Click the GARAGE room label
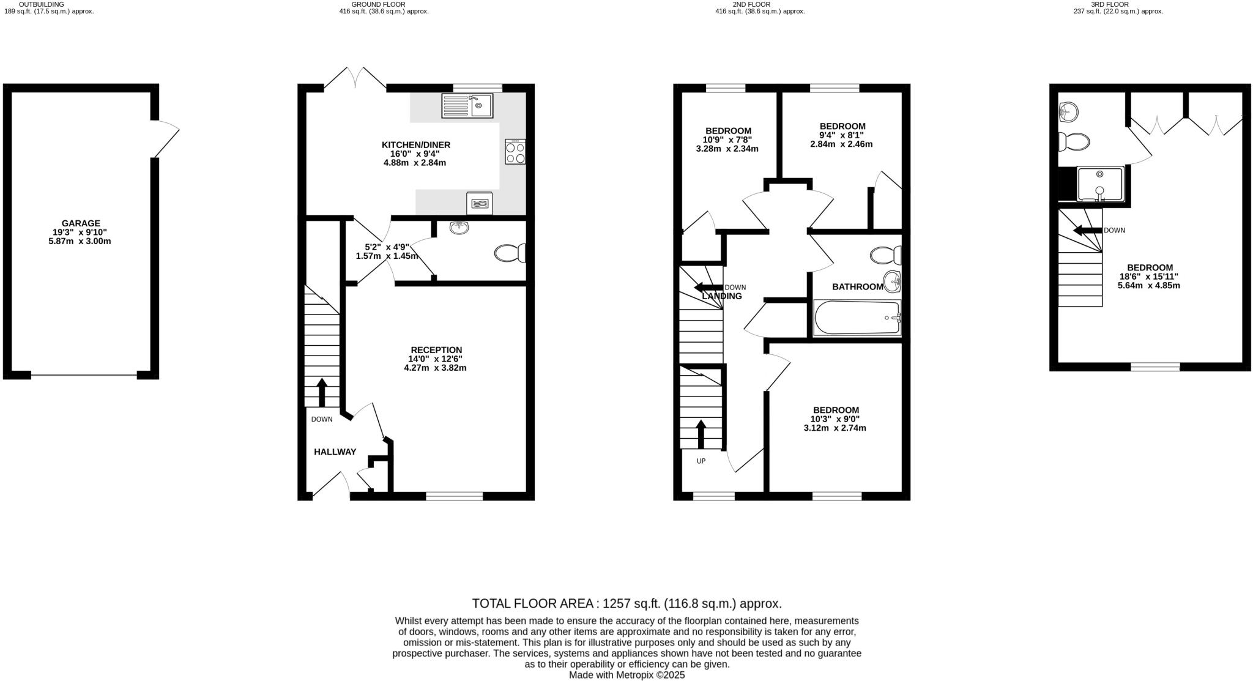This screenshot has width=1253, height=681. (x=80, y=223)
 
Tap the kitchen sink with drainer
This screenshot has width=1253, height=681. (x=467, y=106)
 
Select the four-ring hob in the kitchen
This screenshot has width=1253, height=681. (x=515, y=152)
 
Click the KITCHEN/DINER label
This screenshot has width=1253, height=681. (x=416, y=145)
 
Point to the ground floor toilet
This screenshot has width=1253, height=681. (x=510, y=253)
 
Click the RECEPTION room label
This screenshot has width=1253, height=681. (x=436, y=350)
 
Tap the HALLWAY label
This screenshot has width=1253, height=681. (x=335, y=452)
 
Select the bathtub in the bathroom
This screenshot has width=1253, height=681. (x=857, y=318)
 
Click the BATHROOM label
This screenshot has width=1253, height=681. (x=857, y=286)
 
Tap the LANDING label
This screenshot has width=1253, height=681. (x=722, y=296)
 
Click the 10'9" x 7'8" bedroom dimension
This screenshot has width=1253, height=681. (x=727, y=140)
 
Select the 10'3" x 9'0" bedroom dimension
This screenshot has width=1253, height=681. (x=835, y=419)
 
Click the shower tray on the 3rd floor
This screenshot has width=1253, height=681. (x=1100, y=184)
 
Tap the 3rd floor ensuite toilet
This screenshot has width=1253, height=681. (x=1074, y=142)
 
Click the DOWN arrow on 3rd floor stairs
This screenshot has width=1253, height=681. (x=1087, y=231)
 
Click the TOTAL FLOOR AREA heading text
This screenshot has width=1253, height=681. (x=626, y=603)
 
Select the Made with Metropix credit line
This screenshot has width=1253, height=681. (x=626, y=675)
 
